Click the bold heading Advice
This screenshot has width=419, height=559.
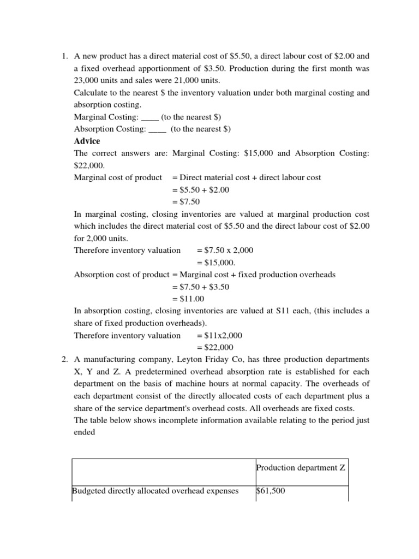87,141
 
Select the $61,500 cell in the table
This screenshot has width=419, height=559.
270,491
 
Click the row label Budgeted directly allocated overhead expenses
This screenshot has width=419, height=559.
155,491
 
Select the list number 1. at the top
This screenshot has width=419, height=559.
64,56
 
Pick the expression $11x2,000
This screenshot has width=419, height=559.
223,335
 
